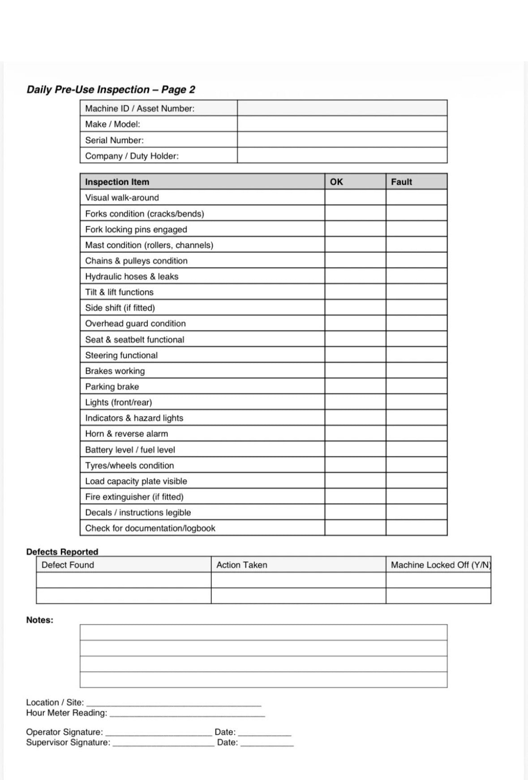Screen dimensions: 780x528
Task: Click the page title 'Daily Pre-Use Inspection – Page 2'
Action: pyautogui.click(x=111, y=90)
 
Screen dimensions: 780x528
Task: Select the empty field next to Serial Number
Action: pyautogui.click(x=342, y=140)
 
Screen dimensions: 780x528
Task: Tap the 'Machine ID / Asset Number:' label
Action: pyautogui.click(x=140, y=108)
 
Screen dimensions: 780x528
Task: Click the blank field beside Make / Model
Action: pyautogui.click(x=342, y=124)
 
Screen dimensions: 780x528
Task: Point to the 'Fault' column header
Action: pyautogui.click(x=401, y=182)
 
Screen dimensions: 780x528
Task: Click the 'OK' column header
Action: pyautogui.click(x=336, y=182)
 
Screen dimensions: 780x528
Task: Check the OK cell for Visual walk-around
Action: pyautogui.click(x=355, y=198)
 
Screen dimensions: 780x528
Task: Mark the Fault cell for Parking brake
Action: pyautogui.click(x=416, y=386)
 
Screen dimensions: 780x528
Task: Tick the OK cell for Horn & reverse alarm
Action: pyautogui.click(x=355, y=434)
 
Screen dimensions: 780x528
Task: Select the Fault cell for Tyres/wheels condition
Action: pyautogui.click(x=416, y=465)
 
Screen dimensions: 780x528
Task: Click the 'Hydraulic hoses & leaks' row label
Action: pyautogui.click(x=132, y=276)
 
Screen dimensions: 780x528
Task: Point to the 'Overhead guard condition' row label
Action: pyautogui.click(x=135, y=323)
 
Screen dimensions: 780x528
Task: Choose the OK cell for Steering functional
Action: pyautogui.click(x=355, y=355)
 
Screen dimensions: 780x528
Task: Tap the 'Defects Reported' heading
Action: pyautogui.click(x=62, y=552)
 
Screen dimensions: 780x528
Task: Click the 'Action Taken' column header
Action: pyautogui.click(x=242, y=565)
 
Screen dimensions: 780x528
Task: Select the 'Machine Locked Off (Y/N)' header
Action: pyautogui.click(x=441, y=565)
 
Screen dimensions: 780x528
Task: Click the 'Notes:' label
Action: pyautogui.click(x=39, y=620)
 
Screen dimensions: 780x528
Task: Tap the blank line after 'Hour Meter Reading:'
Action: pyautogui.click(x=187, y=714)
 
